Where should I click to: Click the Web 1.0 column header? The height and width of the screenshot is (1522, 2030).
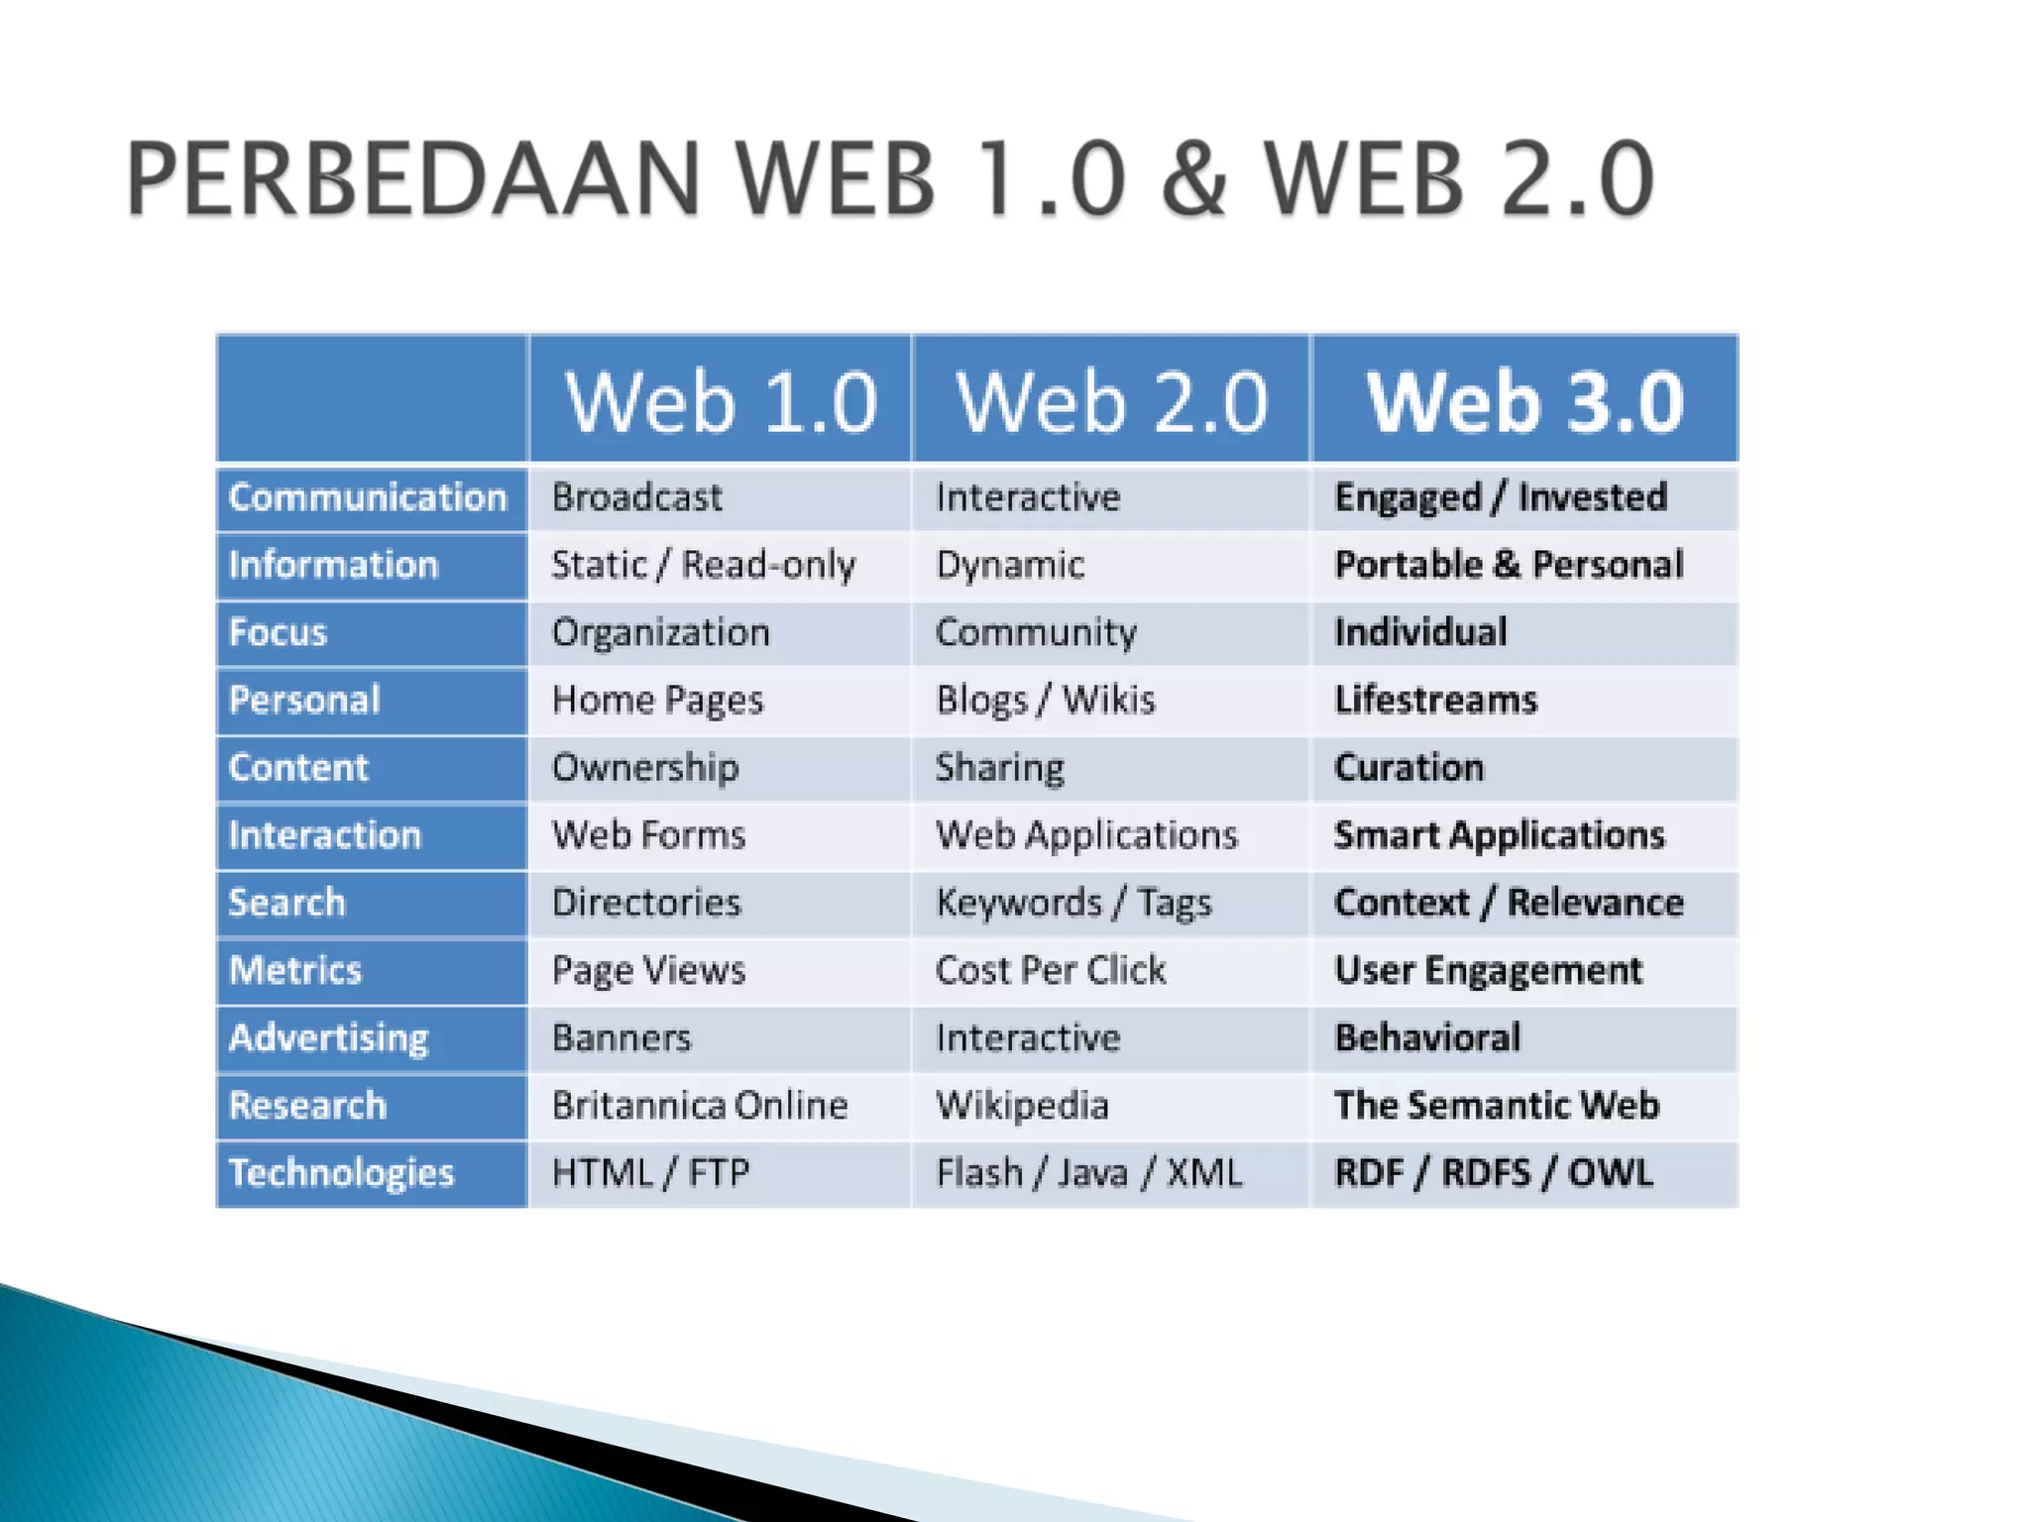(721, 401)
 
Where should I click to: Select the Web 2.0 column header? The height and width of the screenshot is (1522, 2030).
(1111, 401)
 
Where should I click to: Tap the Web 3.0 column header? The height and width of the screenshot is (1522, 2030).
(1524, 401)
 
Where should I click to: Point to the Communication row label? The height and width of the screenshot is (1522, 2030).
(368, 497)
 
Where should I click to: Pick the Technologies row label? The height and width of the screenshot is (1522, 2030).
(341, 1173)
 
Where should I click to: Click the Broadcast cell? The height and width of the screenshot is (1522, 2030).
(637, 497)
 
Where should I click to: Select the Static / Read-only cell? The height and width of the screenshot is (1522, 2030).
(703, 565)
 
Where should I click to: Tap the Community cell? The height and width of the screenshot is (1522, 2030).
(1036, 632)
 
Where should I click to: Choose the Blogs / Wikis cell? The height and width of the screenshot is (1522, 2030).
(1046, 701)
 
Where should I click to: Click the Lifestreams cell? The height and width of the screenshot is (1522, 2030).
(1435, 701)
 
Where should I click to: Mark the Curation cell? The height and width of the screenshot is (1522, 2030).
(1409, 768)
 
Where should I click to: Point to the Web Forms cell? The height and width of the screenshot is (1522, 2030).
(648, 835)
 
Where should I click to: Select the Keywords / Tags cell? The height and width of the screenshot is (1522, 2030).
(1073, 903)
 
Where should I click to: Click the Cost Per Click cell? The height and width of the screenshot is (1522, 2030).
(1051, 970)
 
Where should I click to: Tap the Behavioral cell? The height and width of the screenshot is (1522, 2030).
(1427, 1037)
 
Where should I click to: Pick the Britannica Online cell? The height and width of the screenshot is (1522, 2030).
(700, 1106)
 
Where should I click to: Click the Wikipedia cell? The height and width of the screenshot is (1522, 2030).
(1022, 1106)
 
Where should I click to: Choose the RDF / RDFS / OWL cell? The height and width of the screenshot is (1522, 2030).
(1493, 1173)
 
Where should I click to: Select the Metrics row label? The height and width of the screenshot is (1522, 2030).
(295, 970)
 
